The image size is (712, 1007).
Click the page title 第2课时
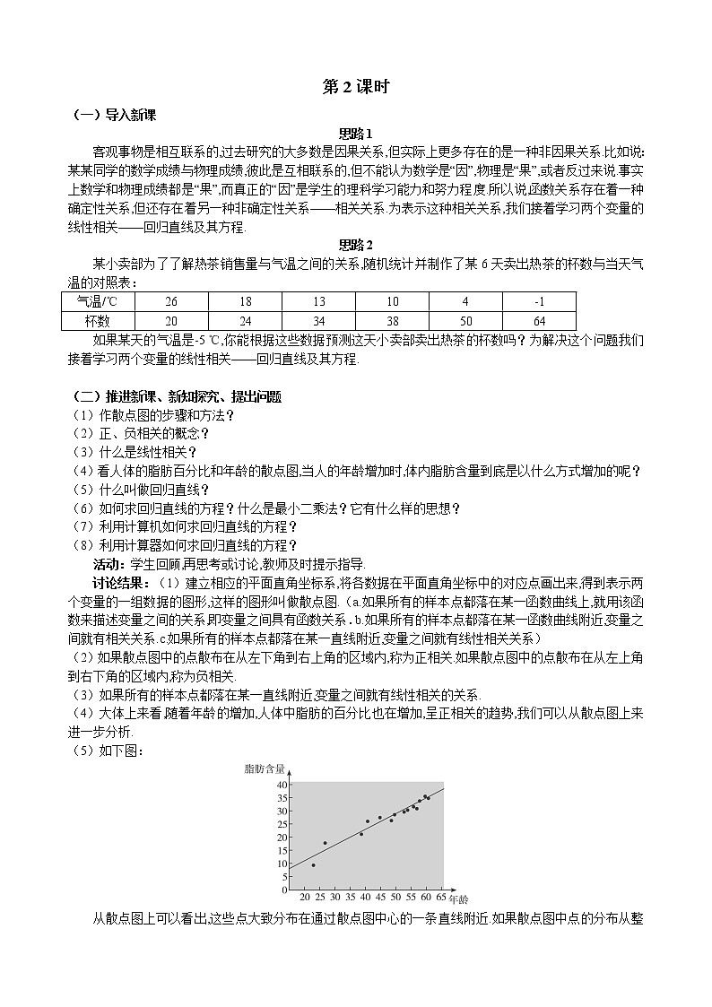[x=355, y=85]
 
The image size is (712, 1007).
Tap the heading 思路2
[x=355, y=244]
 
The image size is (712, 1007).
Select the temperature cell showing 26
[x=171, y=302]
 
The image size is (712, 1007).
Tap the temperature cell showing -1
[x=539, y=302]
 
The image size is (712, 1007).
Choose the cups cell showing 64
[x=539, y=320]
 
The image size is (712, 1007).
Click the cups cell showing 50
[x=465, y=320]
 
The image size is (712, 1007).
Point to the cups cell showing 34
[x=318, y=320]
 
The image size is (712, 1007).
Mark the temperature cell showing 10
[x=392, y=302]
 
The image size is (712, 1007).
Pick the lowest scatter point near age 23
[x=313, y=864]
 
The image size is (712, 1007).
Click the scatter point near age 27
[x=325, y=843]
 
